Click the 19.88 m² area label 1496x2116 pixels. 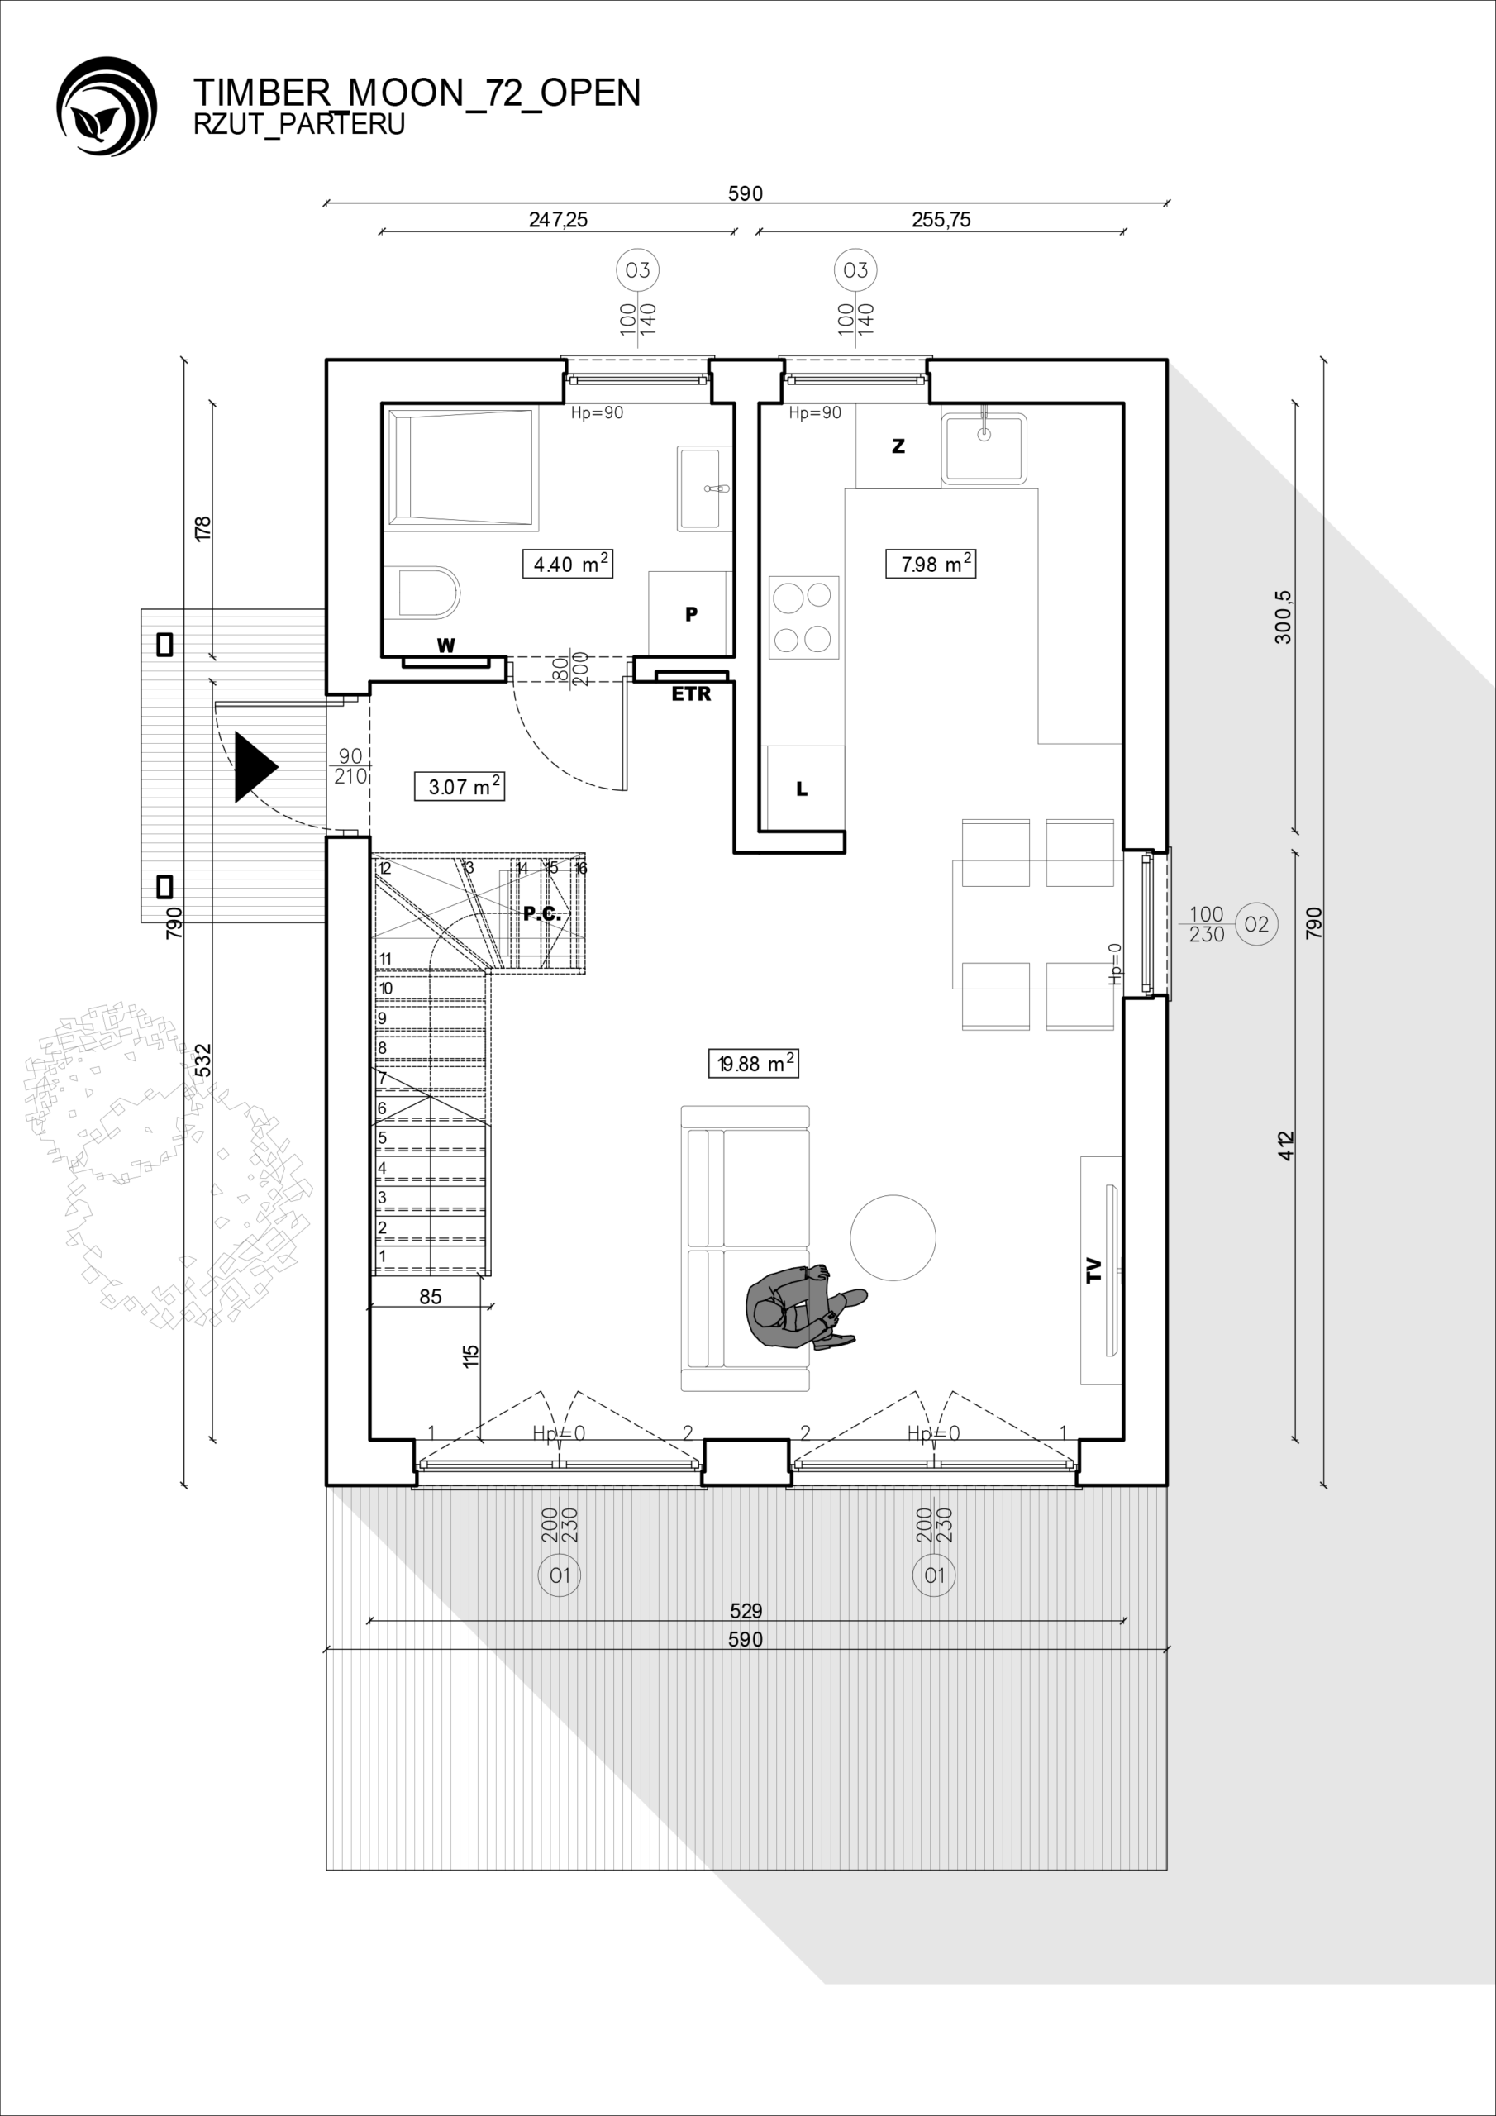pyautogui.click(x=753, y=1064)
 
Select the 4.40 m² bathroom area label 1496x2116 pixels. pyautogui.click(x=566, y=563)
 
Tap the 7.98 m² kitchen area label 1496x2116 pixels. pyautogui.click(x=930, y=563)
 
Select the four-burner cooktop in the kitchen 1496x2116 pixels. pyautogui.click(x=803, y=617)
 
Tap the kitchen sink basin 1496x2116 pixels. pyautogui.click(x=984, y=448)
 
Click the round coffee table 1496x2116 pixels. pyautogui.click(x=893, y=1237)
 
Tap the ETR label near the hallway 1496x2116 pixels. pyautogui.click(x=691, y=694)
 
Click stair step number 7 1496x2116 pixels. pyautogui.click(x=382, y=1077)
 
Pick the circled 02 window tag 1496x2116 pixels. pyautogui.click(x=1256, y=923)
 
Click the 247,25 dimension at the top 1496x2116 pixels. pyautogui.click(x=558, y=219)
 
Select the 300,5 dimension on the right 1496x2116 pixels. pyautogui.click(x=1283, y=617)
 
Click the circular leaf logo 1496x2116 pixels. pyautogui.click(x=107, y=106)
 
